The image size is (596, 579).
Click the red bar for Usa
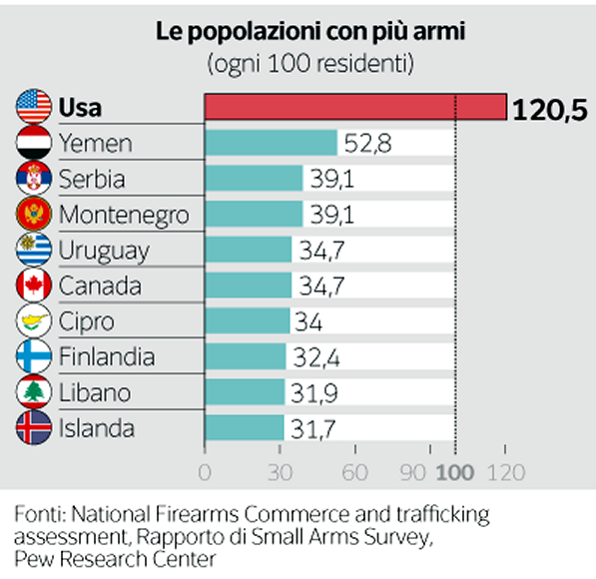click(354, 107)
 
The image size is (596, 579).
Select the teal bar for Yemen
click(271, 143)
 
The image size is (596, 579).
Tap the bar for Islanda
click(244, 429)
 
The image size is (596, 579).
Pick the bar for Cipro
click(247, 321)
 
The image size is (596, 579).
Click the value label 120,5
click(549, 108)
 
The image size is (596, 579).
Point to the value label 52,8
click(367, 143)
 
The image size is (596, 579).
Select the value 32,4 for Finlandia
click(317, 357)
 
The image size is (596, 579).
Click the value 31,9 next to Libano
click(315, 393)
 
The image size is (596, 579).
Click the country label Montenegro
click(123, 215)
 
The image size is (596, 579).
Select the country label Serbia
click(92, 179)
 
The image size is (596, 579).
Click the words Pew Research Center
click(115, 557)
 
